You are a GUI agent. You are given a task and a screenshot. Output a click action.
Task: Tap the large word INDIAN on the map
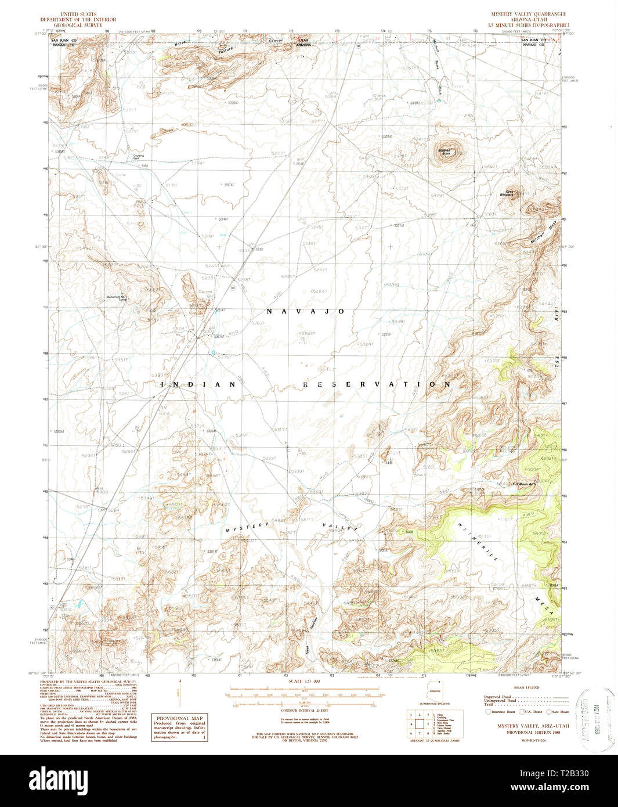pos(198,384)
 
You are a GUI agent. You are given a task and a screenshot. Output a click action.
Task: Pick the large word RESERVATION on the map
pos(377,384)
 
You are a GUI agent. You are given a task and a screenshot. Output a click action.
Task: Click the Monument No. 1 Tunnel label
pos(117,298)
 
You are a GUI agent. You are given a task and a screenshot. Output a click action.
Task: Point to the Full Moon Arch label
pos(523,484)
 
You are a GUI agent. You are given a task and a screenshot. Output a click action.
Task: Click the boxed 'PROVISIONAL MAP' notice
pos(179,726)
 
